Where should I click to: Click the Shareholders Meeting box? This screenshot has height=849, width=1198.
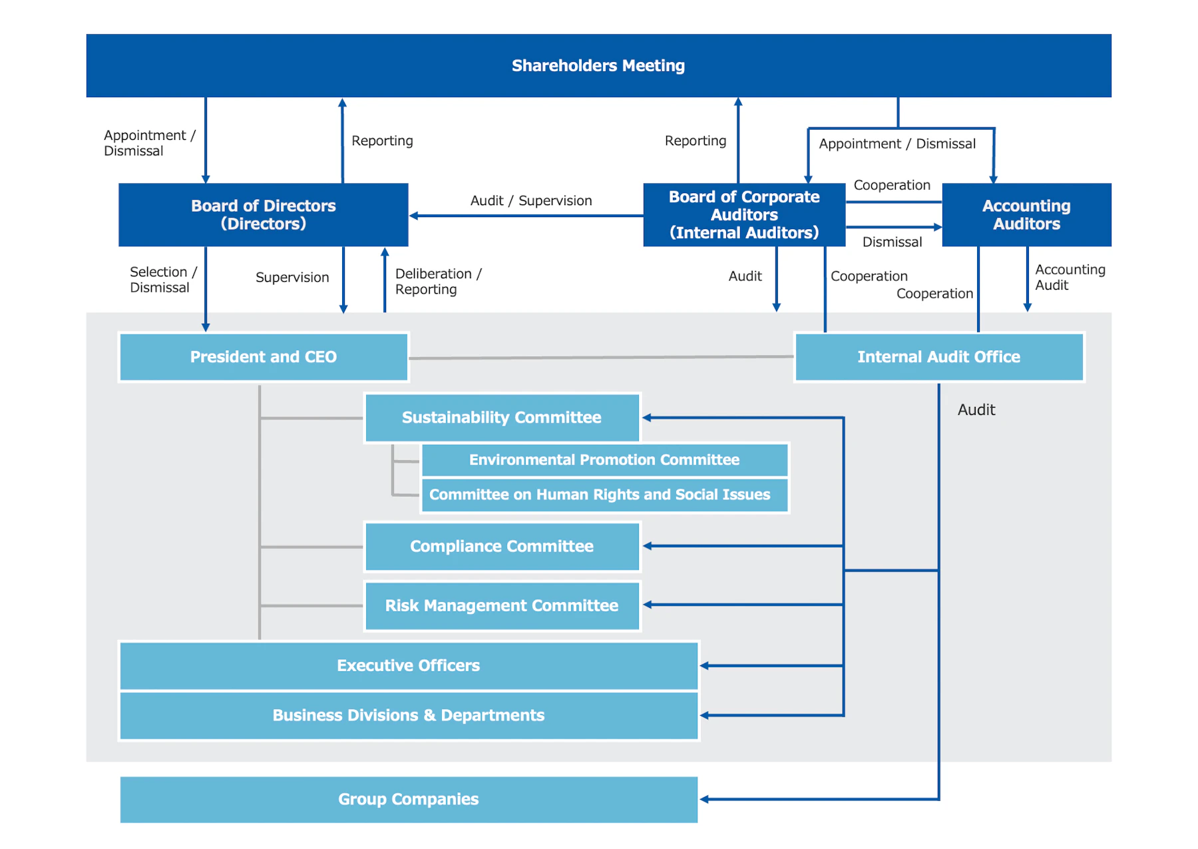click(598, 65)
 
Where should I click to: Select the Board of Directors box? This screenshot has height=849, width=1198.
click(263, 214)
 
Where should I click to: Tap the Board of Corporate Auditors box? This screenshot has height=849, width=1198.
click(743, 214)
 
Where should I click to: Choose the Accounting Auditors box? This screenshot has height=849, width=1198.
click(1026, 214)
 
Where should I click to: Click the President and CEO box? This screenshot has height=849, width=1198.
click(263, 357)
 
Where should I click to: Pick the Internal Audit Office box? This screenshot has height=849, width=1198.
click(938, 357)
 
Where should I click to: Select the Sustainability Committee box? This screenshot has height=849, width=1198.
click(501, 418)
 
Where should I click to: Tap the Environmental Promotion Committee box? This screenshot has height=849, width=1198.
click(604, 459)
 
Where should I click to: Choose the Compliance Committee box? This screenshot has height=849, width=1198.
click(501, 546)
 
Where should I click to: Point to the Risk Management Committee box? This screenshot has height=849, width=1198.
click(501, 605)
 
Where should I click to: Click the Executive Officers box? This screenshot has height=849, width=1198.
click(408, 665)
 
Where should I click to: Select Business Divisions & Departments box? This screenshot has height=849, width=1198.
click(408, 715)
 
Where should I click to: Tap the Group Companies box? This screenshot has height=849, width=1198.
click(408, 799)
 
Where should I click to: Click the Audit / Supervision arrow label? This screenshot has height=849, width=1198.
click(530, 200)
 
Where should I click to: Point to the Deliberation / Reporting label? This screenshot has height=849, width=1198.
click(437, 281)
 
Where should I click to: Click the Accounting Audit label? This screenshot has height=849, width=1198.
click(1069, 277)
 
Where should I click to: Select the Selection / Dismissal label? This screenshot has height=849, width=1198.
click(162, 280)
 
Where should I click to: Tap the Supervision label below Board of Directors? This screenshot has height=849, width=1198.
click(292, 277)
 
